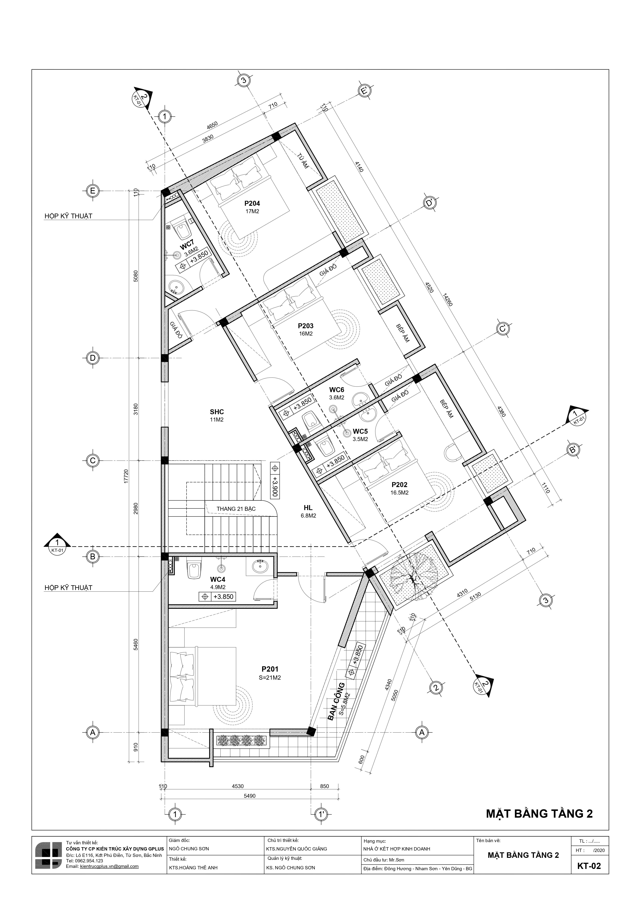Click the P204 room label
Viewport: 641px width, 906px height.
pyautogui.click(x=252, y=204)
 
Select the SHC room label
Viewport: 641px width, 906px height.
pyautogui.click(x=217, y=412)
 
